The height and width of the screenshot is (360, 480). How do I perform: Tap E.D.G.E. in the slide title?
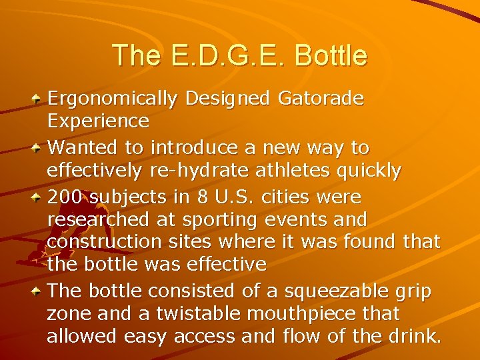click(x=219, y=55)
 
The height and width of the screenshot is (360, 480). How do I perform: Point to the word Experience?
click(x=98, y=121)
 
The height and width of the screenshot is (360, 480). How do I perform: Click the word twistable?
click(x=195, y=313)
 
